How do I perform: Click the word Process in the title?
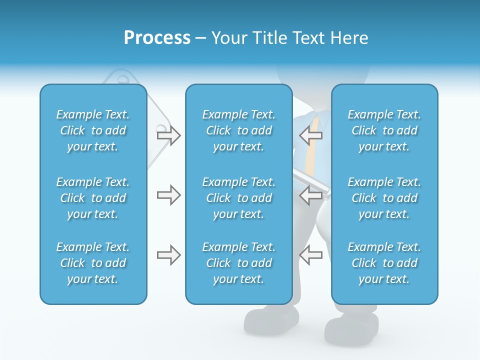coord(157,38)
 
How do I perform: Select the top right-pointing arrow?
coord(168,135)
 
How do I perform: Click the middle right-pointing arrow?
coord(168,195)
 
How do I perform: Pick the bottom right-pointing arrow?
coord(168,255)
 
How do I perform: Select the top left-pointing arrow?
coord(311,135)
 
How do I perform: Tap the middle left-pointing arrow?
coord(311,195)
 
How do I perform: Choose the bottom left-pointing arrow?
coord(311,255)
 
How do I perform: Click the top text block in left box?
coord(93,130)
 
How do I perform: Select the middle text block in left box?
coord(93,198)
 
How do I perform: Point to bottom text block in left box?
coord(93,263)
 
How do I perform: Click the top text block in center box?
coord(239,130)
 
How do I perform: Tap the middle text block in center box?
coord(239,198)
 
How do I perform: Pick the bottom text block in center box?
coord(239,263)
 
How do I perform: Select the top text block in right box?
coord(384,130)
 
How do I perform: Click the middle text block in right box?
coord(384,198)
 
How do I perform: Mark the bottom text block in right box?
coord(384,263)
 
